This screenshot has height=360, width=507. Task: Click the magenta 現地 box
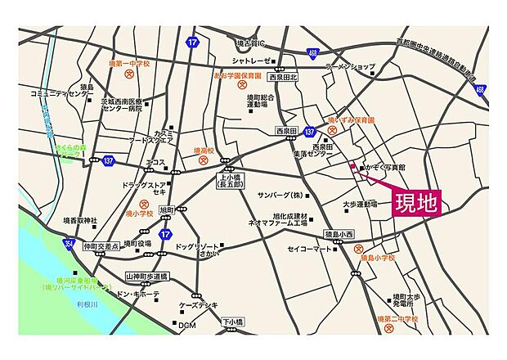[415, 201]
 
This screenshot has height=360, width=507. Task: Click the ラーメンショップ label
[350, 66]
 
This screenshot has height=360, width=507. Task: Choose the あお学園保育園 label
[237, 75]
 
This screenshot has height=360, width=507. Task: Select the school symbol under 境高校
[204, 161]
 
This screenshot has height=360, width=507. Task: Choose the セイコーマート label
[310, 249]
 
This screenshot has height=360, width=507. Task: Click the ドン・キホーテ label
[137, 294]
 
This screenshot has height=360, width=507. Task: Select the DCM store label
[188, 326]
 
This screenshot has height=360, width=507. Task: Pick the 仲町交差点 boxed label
[102, 245]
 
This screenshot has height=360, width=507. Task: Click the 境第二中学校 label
[397, 318]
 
